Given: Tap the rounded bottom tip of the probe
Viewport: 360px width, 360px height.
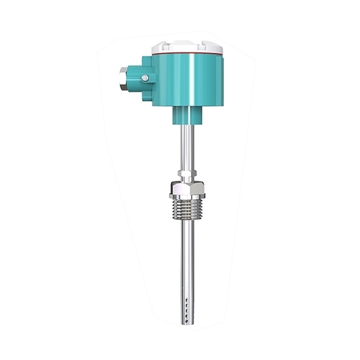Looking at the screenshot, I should (x=187, y=320).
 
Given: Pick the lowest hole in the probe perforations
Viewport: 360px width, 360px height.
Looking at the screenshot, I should (x=188, y=314).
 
